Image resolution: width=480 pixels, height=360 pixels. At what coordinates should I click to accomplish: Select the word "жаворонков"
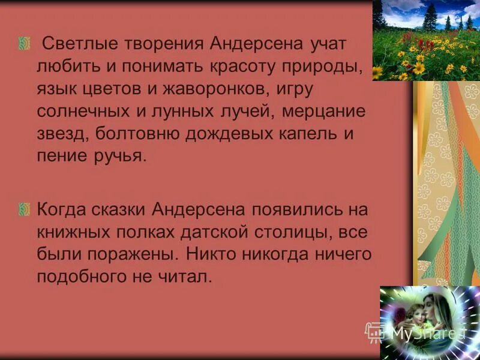209,89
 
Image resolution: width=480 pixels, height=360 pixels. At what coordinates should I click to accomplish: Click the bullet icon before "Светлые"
25,44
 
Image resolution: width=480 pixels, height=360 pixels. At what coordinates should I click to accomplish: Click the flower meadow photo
426,40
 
